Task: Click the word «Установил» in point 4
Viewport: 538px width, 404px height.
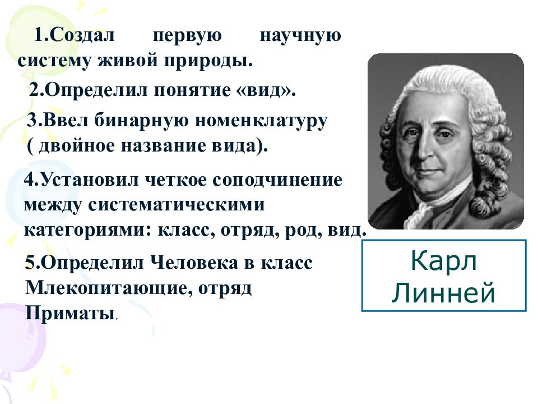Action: pyautogui.click(x=89, y=180)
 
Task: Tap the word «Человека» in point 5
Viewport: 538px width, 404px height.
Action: pyautogui.click(x=196, y=263)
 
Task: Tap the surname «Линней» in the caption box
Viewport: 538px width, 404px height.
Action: pyautogui.click(x=444, y=293)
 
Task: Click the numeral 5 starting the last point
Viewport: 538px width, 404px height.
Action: pyautogui.click(x=30, y=263)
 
